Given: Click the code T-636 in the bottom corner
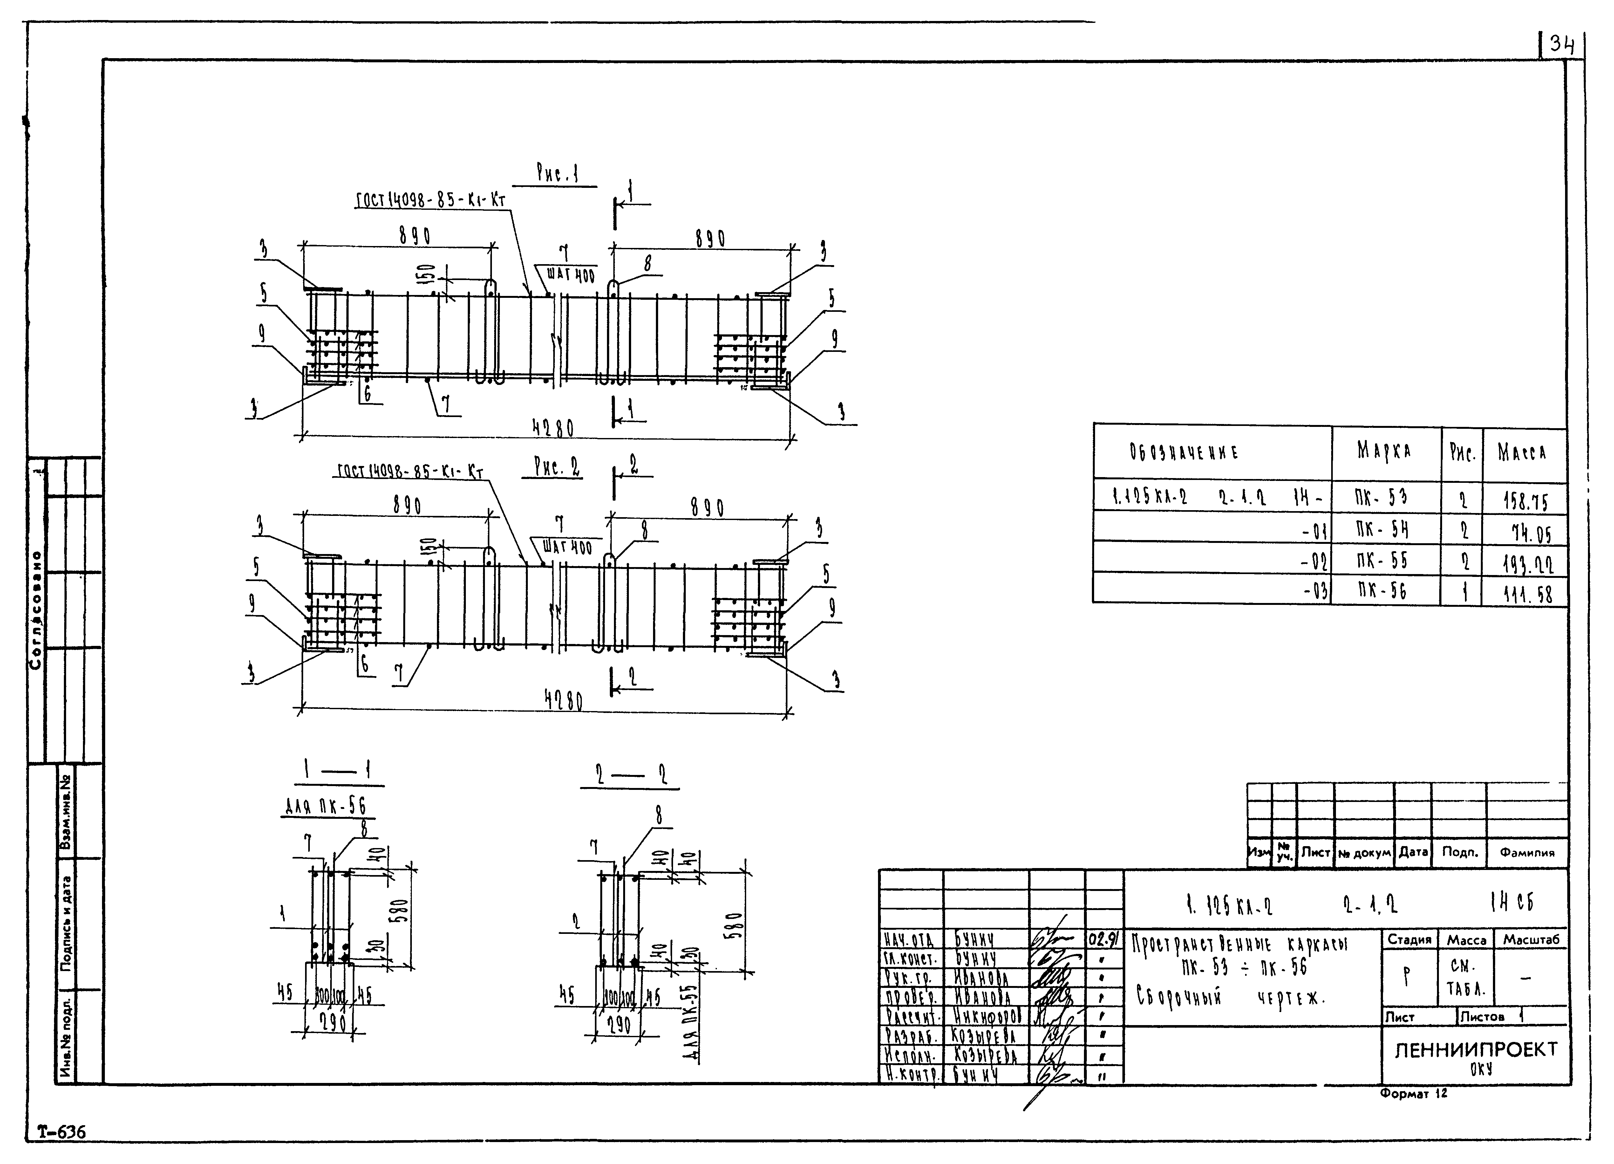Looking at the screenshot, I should tap(61, 1131).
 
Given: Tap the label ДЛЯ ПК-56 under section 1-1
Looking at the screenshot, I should tap(325, 806).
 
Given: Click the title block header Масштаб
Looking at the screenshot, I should tap(1531, 940).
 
